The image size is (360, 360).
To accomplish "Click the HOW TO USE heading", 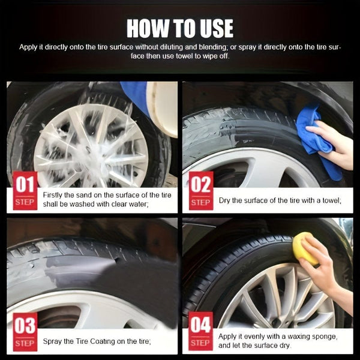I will click(x=180, y=28).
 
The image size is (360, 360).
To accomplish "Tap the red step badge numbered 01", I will click(x=25, y=191).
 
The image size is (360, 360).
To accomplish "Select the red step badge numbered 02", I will click(x=200, y=191).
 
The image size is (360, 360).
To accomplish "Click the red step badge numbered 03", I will click(x=25, y=332).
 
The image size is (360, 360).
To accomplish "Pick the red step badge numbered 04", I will click(x=200, y=332).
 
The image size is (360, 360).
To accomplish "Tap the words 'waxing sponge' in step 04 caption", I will click(x=299, y=337).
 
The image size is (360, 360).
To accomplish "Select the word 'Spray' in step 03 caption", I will click(x=53, y=341).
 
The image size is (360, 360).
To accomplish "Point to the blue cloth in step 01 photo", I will click(x=135, y=96).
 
